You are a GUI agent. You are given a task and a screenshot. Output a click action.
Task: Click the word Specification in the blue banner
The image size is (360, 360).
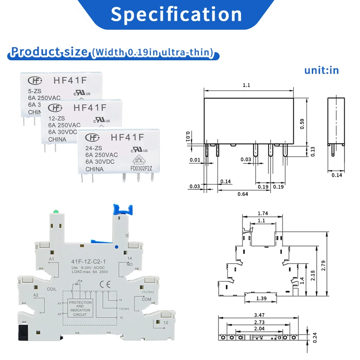tap(176, 14)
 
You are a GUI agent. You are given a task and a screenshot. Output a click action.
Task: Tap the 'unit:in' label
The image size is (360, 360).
tap(321, 70)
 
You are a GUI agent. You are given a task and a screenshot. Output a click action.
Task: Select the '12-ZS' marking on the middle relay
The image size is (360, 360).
tap(57, 118)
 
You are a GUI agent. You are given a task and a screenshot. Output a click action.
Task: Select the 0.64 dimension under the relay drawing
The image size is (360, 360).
tap(243, 194)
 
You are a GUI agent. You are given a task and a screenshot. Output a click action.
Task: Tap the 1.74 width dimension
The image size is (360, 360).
tap(264, 214)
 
